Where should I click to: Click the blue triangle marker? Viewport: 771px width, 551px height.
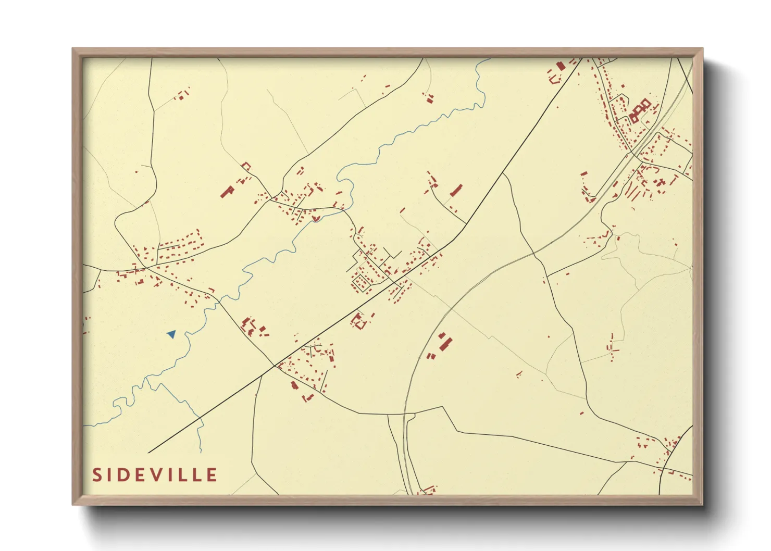click(x=171, y=334)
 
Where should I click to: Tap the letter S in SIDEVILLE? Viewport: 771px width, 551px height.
click(x=97, y=475)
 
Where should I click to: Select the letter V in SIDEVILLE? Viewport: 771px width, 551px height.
click(x=159, y=475)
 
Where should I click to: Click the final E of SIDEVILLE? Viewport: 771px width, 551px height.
click(x=211, y=475)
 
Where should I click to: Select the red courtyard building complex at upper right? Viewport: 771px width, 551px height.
click(x=640, y=110)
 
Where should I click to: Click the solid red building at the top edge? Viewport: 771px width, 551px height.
click(x=561, y=66)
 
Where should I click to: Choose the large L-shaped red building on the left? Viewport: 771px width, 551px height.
click(x=227, y=191)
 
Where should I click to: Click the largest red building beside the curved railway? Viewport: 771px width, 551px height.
click(x=444, y=344)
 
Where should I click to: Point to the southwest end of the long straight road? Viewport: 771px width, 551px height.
click(x=149, y=452)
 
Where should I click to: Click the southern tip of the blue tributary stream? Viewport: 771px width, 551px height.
click(x=201, y=451)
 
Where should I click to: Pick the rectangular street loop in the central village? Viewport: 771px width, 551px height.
click(x=361, y=283)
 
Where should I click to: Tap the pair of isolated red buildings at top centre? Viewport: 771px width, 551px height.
click(x=429, y=98)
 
